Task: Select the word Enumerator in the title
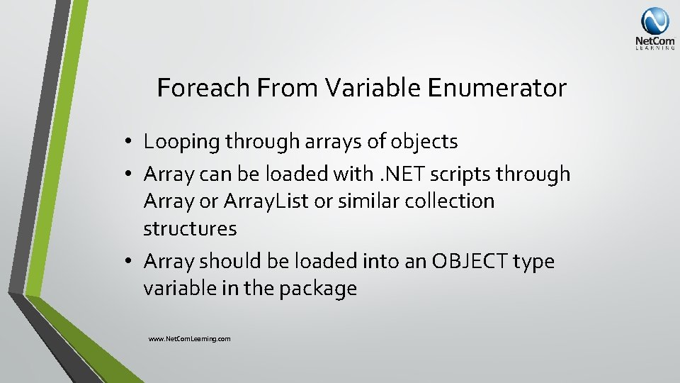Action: click(x=497, y=88)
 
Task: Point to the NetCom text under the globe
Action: click(x=654, y=42)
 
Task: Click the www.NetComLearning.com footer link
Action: click(x=189, y=339)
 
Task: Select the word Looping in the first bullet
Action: click(x=182, y=142)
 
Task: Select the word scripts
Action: click(x=463, y=174)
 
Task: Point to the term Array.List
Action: click(x=266, y=201)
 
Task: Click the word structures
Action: click(x=190, y=229)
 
